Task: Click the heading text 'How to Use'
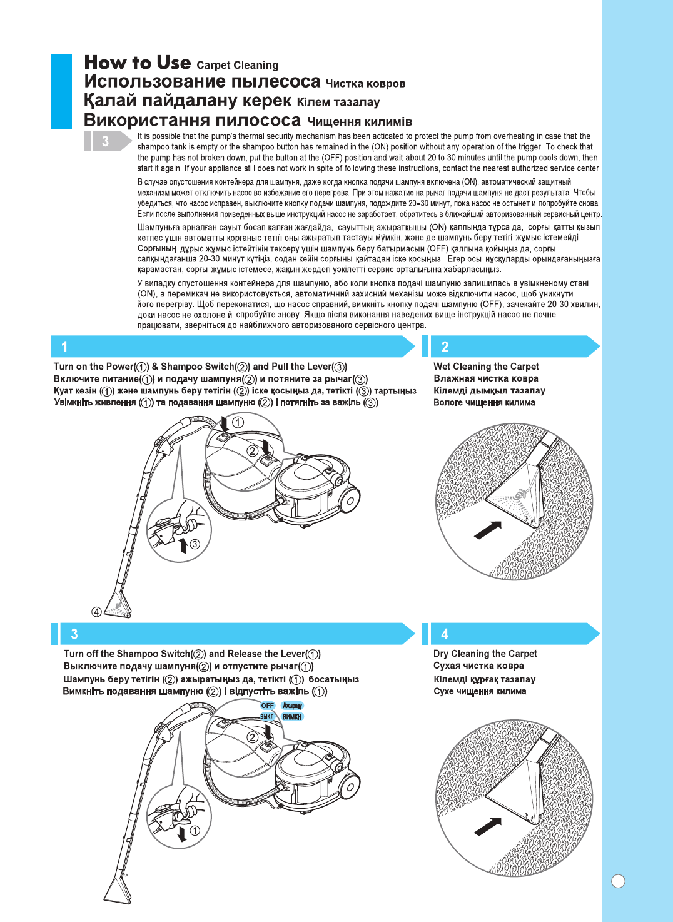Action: pyautogui.click(x=138, y=63)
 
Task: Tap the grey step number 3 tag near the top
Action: pyautogui.click(x=105, y=141)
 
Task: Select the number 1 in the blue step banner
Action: pyautogui.click(x=64, y=347)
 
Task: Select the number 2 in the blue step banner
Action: pyautogui.click(x=445, y=347)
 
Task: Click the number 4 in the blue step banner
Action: pyautogui.click(x=445, y=634)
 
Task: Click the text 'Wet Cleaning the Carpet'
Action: pyautogui.click(x=486, y=367)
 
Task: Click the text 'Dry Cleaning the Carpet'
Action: pyautogui.click(x=485, y=654)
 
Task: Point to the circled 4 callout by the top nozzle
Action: pyautogui.click(x=96, y=612)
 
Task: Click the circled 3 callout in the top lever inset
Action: pyautogui.click(x=195, y=544)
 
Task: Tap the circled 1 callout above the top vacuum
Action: pyautogui.click(x=238, y=423)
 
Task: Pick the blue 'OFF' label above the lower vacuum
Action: pyautogui.click(x=268, y=706)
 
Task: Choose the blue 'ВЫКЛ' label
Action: pyautogui.click(x=267, y=717)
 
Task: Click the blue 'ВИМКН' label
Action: pyautogui.click(x=292, y=717)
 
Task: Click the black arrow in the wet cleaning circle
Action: pyautogui.click(x=488, y=530)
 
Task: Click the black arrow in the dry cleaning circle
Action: pyautogui.click(x=488, y=826)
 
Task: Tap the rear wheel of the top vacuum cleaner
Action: pyautogui.click(x=349, y=500)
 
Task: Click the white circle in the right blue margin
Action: pyautogui.click(x=618, y=881)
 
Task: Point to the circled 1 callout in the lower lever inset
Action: pyautogui.click(x=195, y=831)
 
